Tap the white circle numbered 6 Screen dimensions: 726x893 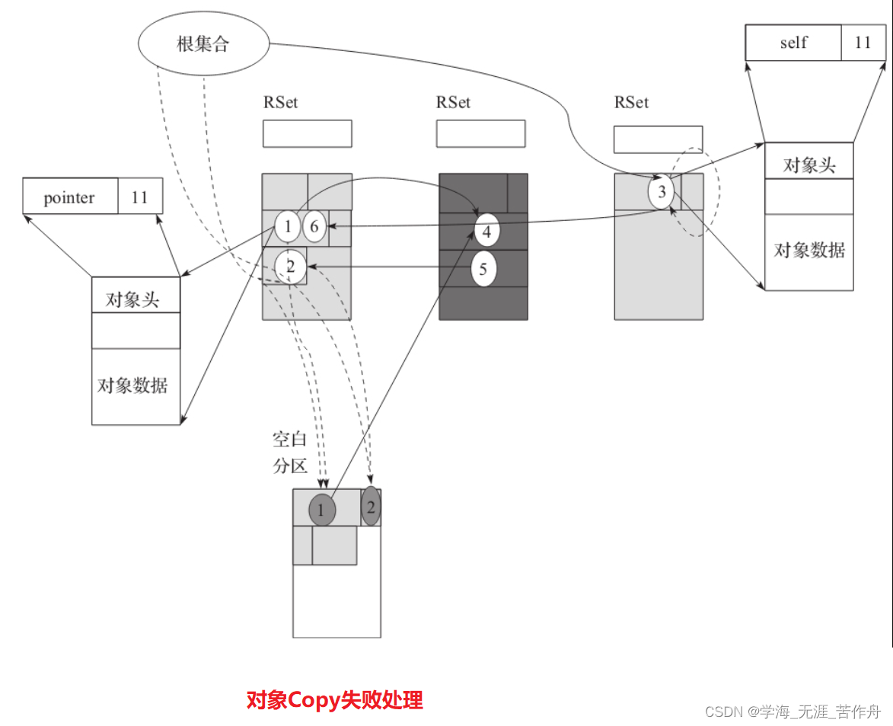pos(313,226)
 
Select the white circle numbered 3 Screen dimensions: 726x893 pos(662,192)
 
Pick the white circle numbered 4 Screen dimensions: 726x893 pos(487,230)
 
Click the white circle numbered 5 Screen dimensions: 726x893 pos(483,269)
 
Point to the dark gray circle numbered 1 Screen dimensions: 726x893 pos(322,510)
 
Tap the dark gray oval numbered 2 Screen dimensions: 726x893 pos(371,506)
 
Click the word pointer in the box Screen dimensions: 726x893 pos(69,198)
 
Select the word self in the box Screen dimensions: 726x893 pos(793,43)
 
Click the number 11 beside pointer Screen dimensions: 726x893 pos(140,198)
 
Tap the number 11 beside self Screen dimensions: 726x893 pos(863,43)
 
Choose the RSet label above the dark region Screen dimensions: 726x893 pos(453,102)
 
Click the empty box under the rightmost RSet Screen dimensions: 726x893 pos(658,139)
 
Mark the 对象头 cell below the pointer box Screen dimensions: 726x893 pos(136,299)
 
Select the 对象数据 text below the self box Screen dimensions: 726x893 pos(808,250)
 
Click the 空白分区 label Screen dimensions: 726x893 pos(289,453)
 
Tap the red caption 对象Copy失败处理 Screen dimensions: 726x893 pos(334,700)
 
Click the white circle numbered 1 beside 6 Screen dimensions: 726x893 pos(287,226)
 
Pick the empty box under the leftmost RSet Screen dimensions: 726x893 pos(307,133)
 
